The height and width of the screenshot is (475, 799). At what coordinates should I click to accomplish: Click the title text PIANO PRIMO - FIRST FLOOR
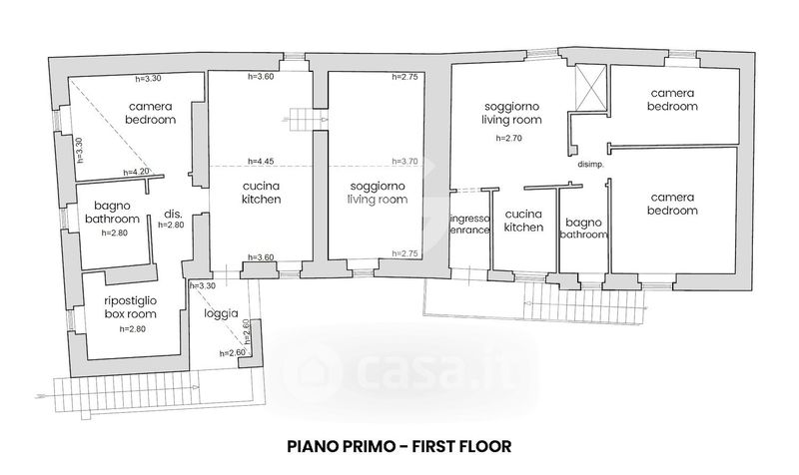(x=399, y=445)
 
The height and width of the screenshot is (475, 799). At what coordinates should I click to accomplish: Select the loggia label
(x=220, y=313)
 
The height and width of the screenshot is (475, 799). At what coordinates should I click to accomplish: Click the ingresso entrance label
(x=469, y=224)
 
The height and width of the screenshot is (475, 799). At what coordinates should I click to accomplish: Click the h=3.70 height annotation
(x=404, y=161)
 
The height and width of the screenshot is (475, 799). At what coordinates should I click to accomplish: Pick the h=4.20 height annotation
(x=136, y=172)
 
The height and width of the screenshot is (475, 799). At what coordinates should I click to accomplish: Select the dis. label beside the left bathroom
(x=171, y=214)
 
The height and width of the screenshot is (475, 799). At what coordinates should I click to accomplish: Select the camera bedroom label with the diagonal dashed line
(x=151, y=113)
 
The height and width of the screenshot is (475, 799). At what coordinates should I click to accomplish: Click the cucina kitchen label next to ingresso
(x=523, y=221)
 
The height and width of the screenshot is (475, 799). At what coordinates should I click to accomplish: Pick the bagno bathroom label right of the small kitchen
(x=582, y=229)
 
